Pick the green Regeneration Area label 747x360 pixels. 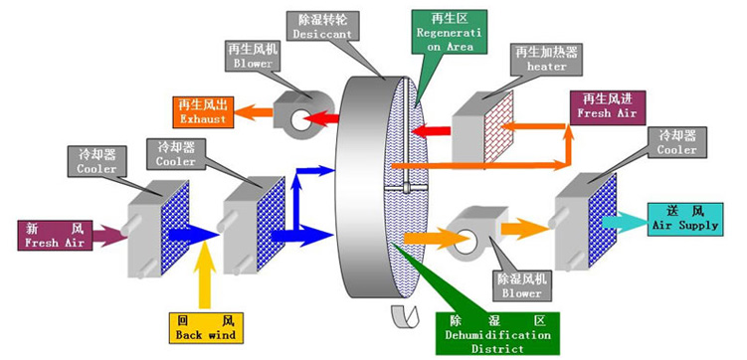(x=449, y=36)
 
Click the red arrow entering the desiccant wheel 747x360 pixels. (x=432, y=131)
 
